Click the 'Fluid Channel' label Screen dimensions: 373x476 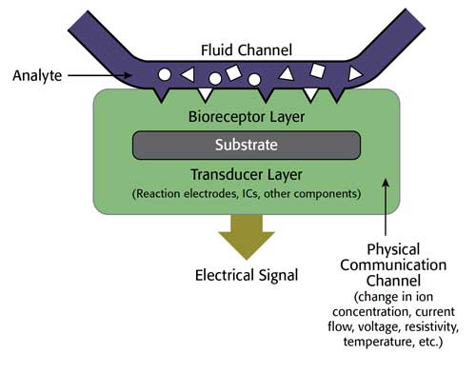coord(246,49)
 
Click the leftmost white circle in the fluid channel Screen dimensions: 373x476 coord(166,73)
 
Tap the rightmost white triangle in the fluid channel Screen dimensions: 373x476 coord(356,73)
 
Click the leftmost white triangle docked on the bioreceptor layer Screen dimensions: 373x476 coord(204,94)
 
